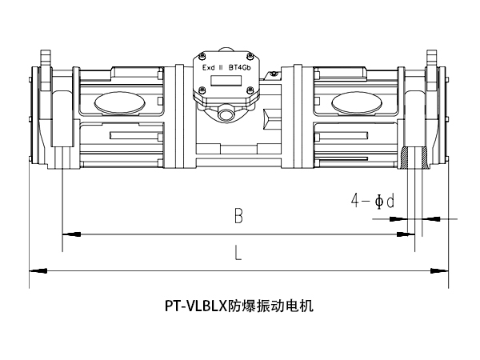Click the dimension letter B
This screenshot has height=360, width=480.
(238, 215)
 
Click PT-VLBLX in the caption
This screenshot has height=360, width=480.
(196, 305)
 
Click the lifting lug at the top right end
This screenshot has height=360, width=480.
(433, 58)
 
